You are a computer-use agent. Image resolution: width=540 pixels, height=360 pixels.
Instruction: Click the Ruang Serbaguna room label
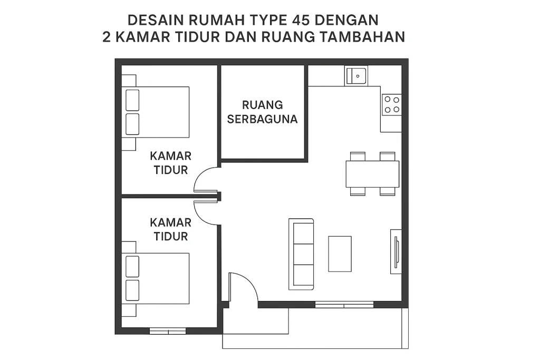[x=263, y=112]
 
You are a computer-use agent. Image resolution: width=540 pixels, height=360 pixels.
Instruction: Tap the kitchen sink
[x=356, y=76]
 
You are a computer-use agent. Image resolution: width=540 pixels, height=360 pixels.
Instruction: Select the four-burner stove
[x=392, y=105]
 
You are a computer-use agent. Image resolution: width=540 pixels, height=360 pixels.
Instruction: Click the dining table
[x=372, y=174]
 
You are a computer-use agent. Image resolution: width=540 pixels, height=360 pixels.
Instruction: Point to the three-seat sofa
[x=301, y=254]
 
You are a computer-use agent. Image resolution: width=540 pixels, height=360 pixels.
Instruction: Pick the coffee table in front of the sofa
[x=340, y=254]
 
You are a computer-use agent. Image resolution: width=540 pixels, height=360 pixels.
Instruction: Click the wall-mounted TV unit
[x=396, y=251]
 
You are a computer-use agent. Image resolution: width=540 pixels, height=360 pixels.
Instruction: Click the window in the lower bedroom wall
[x=168, y=331]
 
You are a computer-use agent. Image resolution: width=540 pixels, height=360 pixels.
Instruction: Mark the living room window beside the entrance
[x=344, y=305]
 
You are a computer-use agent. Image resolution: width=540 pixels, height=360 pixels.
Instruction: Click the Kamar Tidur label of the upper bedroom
[x=171, y=163]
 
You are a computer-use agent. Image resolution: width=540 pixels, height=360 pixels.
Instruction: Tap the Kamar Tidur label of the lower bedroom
[x=171, y=230]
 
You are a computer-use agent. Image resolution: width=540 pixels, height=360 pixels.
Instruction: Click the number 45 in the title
[x=300, y=21]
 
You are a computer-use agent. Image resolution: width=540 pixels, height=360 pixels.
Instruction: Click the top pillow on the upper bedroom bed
[x=132, y=100]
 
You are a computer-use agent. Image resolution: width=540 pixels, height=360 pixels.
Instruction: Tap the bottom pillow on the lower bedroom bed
[x=132, y=290]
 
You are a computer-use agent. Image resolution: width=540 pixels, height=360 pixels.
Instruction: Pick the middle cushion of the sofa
[x=303, y=254]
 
